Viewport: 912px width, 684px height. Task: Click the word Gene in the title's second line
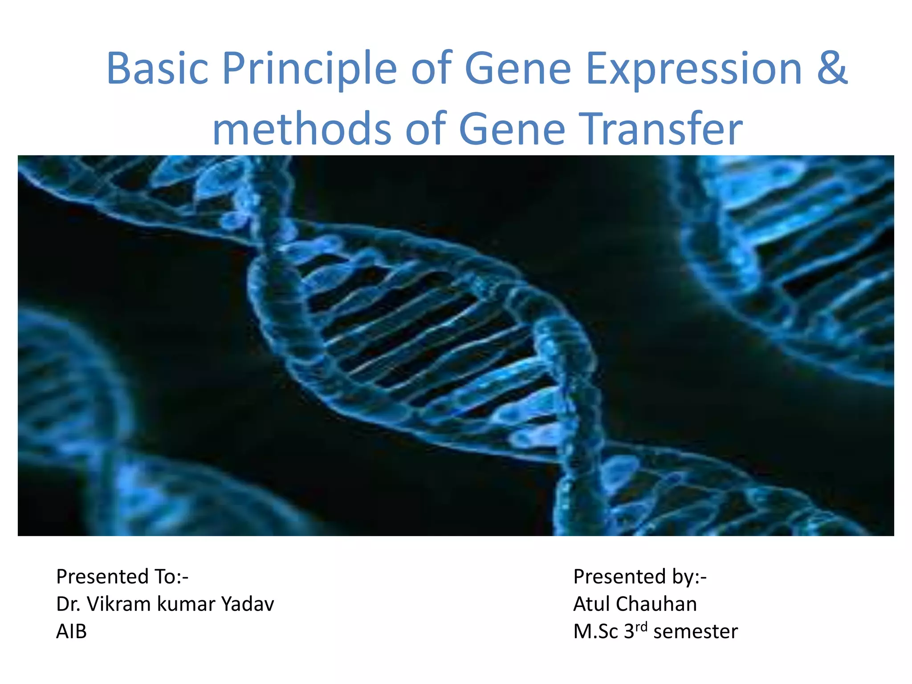point(512,129)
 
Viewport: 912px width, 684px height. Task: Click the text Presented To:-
point(122,577)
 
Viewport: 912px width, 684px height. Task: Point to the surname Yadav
point(248,604)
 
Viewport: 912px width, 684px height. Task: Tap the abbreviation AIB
point(71,632)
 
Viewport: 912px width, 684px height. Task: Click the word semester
point(696,632)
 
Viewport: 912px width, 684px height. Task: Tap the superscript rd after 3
point(641,627)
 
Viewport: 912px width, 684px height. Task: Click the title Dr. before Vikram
point(68,604)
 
